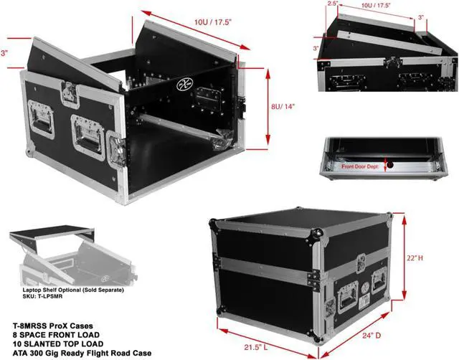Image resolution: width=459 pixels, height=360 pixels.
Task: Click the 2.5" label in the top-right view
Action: click(331, 4)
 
